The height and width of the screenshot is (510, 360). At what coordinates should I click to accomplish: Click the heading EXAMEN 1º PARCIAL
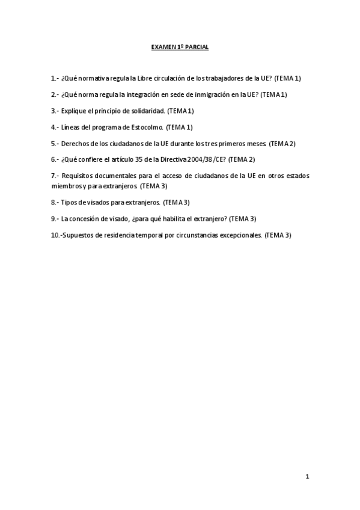[180, 46]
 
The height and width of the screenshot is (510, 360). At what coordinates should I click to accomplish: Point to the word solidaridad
[147, 111]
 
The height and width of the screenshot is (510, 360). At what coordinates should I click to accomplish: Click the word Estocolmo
[144, 127]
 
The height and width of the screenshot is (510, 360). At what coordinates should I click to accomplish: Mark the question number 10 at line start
[55, 235]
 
